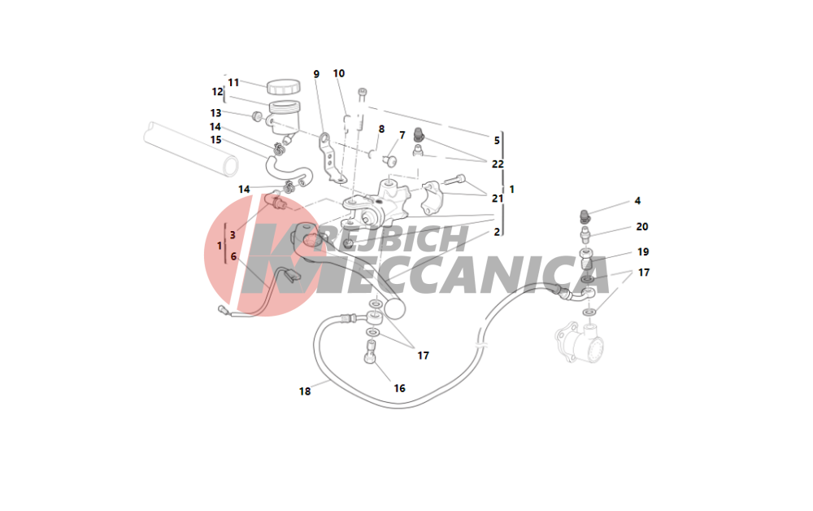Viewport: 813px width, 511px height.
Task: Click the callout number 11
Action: click(233, 82)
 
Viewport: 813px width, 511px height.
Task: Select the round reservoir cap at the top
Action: click(283, 86)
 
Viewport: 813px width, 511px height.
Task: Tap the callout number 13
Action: click(215, 113)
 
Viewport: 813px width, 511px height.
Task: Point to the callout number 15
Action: click(215, 140)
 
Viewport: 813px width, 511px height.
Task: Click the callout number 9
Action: click(316, 74)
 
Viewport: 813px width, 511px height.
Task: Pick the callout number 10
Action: click(338, 74)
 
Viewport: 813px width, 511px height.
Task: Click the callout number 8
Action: click(381, 129)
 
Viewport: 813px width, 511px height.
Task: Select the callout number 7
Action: click(402, 135)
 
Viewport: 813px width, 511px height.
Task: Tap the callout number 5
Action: click(497, 141)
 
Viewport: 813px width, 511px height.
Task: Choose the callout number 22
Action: click(498, 164)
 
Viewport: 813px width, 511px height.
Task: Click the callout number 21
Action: click(498, 199)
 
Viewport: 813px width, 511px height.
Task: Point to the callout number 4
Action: click(637, 201)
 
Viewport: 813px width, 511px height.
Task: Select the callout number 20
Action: click(642, 227)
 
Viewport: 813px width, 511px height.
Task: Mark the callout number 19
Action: click(643, 251)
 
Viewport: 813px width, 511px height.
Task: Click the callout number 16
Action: click(399, 388)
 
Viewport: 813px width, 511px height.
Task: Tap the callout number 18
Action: click(305, 391)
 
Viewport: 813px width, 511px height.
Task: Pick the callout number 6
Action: click(234, 257)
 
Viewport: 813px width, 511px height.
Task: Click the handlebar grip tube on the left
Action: click(191, 149)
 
